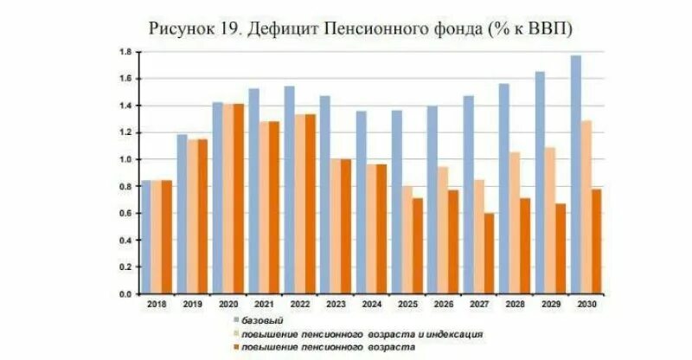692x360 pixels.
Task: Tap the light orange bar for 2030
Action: click(586, 208)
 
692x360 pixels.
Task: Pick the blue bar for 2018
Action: click(146, 237)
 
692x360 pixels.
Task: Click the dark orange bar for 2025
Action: click(417, 246)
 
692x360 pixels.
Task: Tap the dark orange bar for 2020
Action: click(235, 199)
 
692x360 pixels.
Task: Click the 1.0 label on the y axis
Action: click(125, 159)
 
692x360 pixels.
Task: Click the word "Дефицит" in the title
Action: click(285, 28)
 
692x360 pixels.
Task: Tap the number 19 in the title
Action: click(228, 28)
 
